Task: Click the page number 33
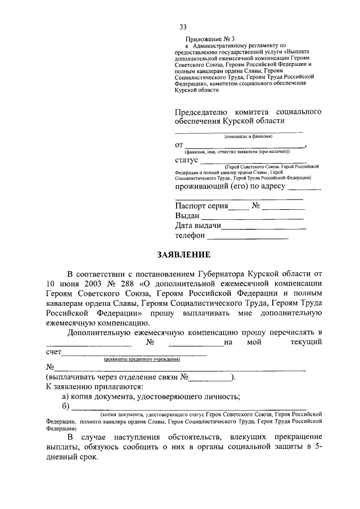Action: [x=183, y=27]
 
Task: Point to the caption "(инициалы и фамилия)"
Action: [x=249, y=136]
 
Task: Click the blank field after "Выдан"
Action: [x=253, y=216]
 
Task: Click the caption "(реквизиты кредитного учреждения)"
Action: [x=141, y=359]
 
